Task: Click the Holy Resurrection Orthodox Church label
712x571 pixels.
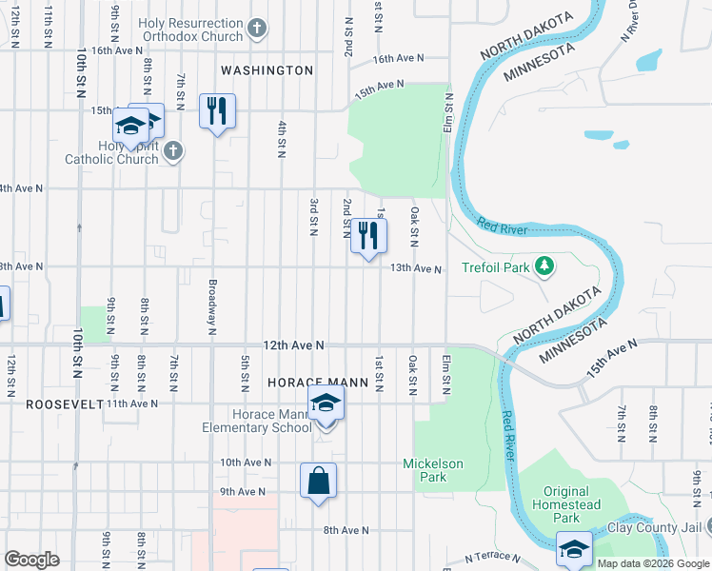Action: [190, 30]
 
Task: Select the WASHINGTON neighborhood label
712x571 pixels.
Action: [267, 70]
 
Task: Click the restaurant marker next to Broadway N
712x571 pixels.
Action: [217, 111]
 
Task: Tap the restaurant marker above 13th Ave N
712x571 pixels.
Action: [368, 235]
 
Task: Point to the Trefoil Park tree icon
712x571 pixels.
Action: [544, 267]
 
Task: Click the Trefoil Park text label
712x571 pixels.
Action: [495, 268]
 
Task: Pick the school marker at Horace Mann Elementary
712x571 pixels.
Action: [326, 404]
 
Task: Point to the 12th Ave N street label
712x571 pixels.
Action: [294, 345]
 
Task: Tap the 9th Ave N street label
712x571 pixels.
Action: [242, 492]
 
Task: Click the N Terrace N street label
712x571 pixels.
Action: [495, 558]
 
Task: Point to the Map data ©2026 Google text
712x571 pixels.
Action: [653, 563]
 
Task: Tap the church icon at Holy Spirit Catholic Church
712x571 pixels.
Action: [171, 150]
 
